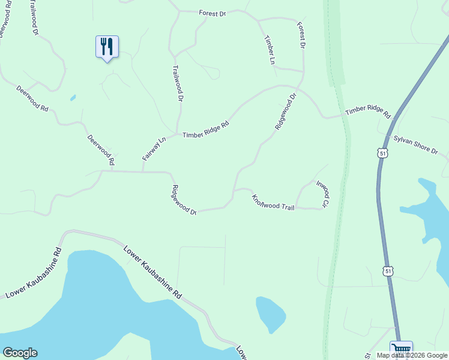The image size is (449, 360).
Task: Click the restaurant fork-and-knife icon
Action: click(107, 46)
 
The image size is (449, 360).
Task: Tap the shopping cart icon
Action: click(400, 349)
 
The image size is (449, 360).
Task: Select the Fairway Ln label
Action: click(154, 149)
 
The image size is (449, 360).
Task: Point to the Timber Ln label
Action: click(268, 49)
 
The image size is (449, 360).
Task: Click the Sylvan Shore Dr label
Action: click(416, 145)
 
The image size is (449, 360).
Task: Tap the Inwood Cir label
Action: click(322, 194)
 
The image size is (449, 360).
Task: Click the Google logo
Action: click(20, 353)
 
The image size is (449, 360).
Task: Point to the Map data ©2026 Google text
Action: click(412, 355)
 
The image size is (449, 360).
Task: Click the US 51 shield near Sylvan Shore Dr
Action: click(382, 153)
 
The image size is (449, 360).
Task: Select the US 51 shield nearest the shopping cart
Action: click(389, 271)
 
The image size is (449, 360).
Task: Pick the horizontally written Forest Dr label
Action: click(212, 13)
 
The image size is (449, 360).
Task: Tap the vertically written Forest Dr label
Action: click(301, 35)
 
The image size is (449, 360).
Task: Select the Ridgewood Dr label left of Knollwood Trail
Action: click(184, 200)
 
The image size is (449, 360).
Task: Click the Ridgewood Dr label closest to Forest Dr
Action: click(286, 112)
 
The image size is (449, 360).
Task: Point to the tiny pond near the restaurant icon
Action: click(73, 97)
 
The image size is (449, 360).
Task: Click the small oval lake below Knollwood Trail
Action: click(270, 313)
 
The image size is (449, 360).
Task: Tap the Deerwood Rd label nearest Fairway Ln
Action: click(100, 149)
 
